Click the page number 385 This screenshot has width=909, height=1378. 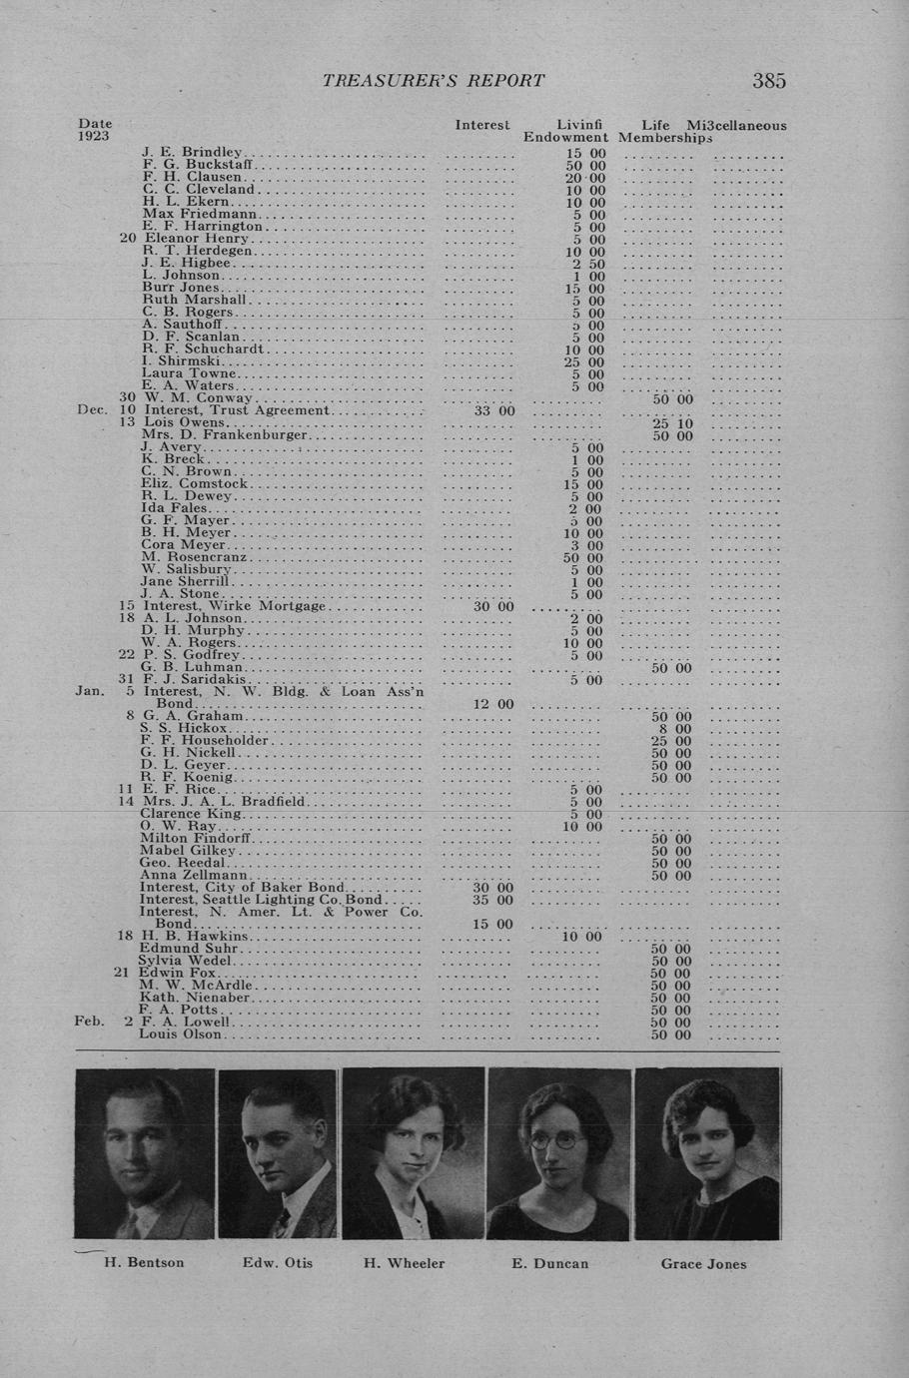click(768, 81)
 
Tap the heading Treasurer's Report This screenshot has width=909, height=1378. click(434, 81)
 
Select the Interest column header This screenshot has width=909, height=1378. click(481, 125)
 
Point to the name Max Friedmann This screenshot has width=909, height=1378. click(200, 214)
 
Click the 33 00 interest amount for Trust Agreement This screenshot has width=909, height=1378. click(493, 410)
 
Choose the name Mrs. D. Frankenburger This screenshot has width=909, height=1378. click(226, 435)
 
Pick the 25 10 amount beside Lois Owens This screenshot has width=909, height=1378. click(671, 423)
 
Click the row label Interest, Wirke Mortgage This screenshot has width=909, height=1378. click(235, 606)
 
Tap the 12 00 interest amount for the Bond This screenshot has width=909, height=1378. click(492, 704)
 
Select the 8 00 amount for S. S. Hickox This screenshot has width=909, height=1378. click(675, 729)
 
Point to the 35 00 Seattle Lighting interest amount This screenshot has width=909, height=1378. click(492, 900)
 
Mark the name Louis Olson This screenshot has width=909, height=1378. click(180, 1034)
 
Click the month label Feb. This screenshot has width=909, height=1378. click(88, 1022)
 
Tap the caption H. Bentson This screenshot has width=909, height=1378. click(144, 1262)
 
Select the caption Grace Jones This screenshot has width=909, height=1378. click(703, 1263)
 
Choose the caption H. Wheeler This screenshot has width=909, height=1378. click(404, 1263)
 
